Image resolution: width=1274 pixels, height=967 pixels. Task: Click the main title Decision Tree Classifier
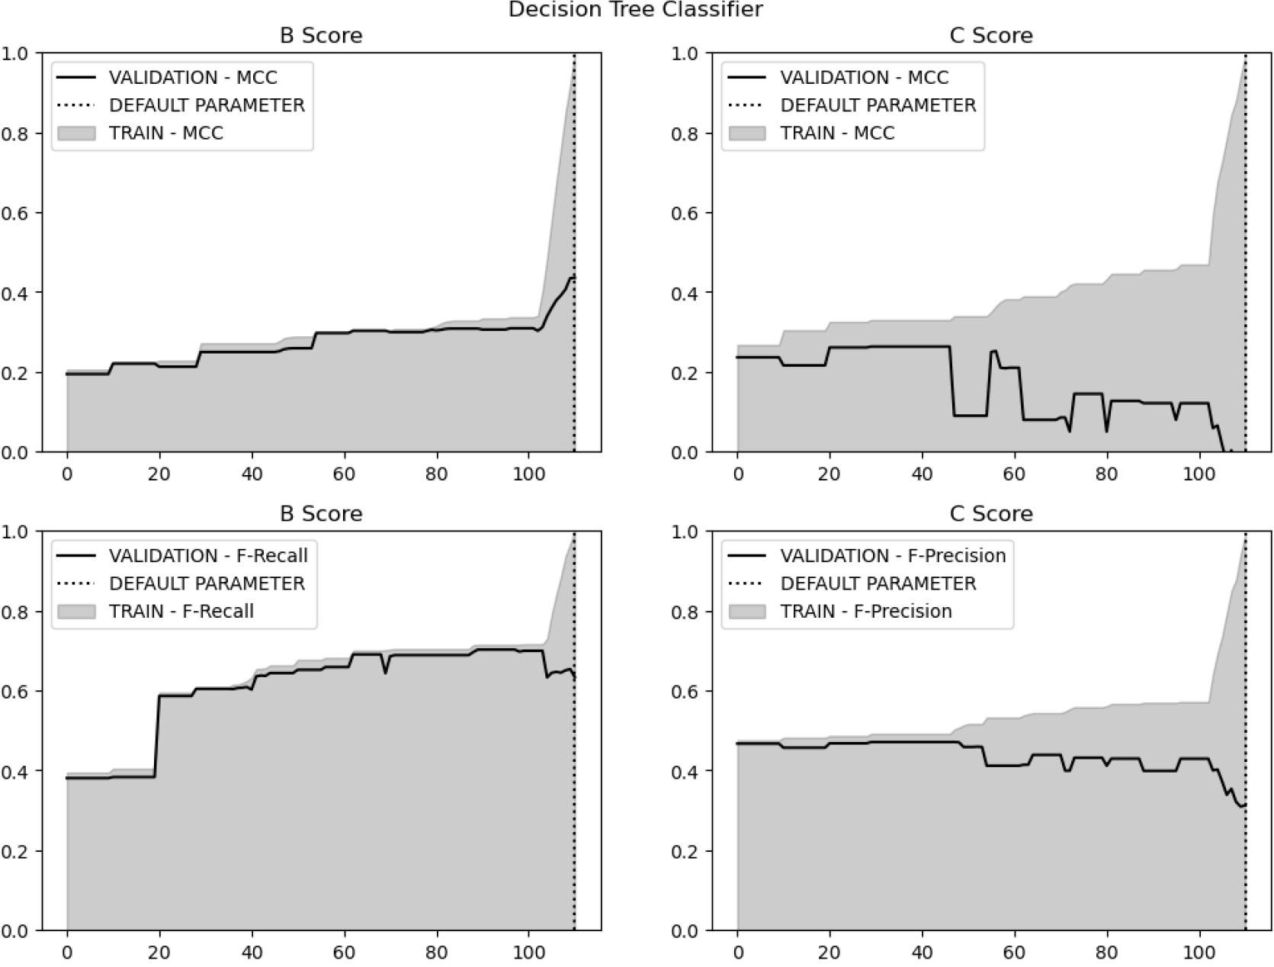point(635,10)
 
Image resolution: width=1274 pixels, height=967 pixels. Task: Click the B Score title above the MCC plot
point(321,36)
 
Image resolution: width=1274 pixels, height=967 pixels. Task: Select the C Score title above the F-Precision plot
point(991,514)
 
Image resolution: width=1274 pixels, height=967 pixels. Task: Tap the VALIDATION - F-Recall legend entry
point(208,555)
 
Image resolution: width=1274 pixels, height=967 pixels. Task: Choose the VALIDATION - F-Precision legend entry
point(893,555)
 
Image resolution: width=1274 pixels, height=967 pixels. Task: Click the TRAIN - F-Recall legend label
point(181,611)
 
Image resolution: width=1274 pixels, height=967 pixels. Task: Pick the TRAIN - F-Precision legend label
point(866,611)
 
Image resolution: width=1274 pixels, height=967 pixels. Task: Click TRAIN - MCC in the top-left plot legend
point(166,133)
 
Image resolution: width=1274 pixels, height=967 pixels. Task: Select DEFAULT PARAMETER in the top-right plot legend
point(878,105)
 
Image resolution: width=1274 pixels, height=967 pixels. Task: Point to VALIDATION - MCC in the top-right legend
point(865,78)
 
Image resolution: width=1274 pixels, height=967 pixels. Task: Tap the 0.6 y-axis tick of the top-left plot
point(15,213)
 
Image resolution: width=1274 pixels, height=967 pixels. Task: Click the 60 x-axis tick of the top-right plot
point(1014,474)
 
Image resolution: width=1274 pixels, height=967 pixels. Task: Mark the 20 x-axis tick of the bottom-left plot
point(159,952)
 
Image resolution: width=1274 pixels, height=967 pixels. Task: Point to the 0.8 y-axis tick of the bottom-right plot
point(686,612)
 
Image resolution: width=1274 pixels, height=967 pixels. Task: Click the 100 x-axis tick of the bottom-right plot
point(1199,952)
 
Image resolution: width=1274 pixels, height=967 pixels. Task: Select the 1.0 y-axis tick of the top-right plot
point(686,53)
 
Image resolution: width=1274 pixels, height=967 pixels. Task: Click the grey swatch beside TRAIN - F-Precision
point(747,611)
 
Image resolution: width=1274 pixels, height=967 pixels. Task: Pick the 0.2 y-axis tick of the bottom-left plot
point(15,851)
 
